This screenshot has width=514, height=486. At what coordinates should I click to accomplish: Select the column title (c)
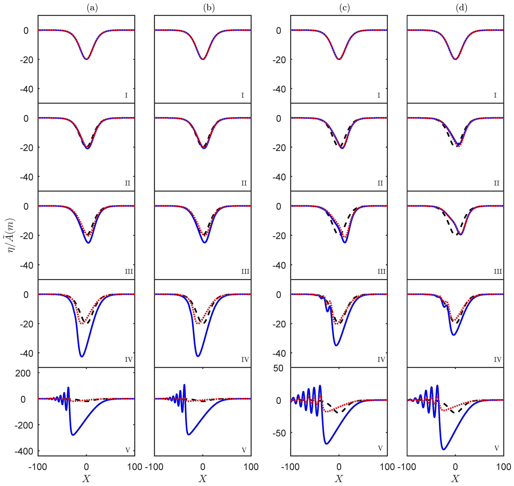tap(344, 8)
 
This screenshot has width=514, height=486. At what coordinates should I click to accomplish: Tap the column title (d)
tap(461, 8)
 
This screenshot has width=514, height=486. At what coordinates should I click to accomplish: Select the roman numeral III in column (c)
tap(381, 272)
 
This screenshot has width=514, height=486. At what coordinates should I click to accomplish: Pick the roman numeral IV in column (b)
tap(245, 360)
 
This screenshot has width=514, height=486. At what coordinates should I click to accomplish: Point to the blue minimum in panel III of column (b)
tap(205, 243)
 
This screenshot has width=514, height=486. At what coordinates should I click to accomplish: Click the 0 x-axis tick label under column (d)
tap(455, 467)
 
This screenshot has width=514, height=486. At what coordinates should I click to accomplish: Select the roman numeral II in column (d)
tap(496, 183)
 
